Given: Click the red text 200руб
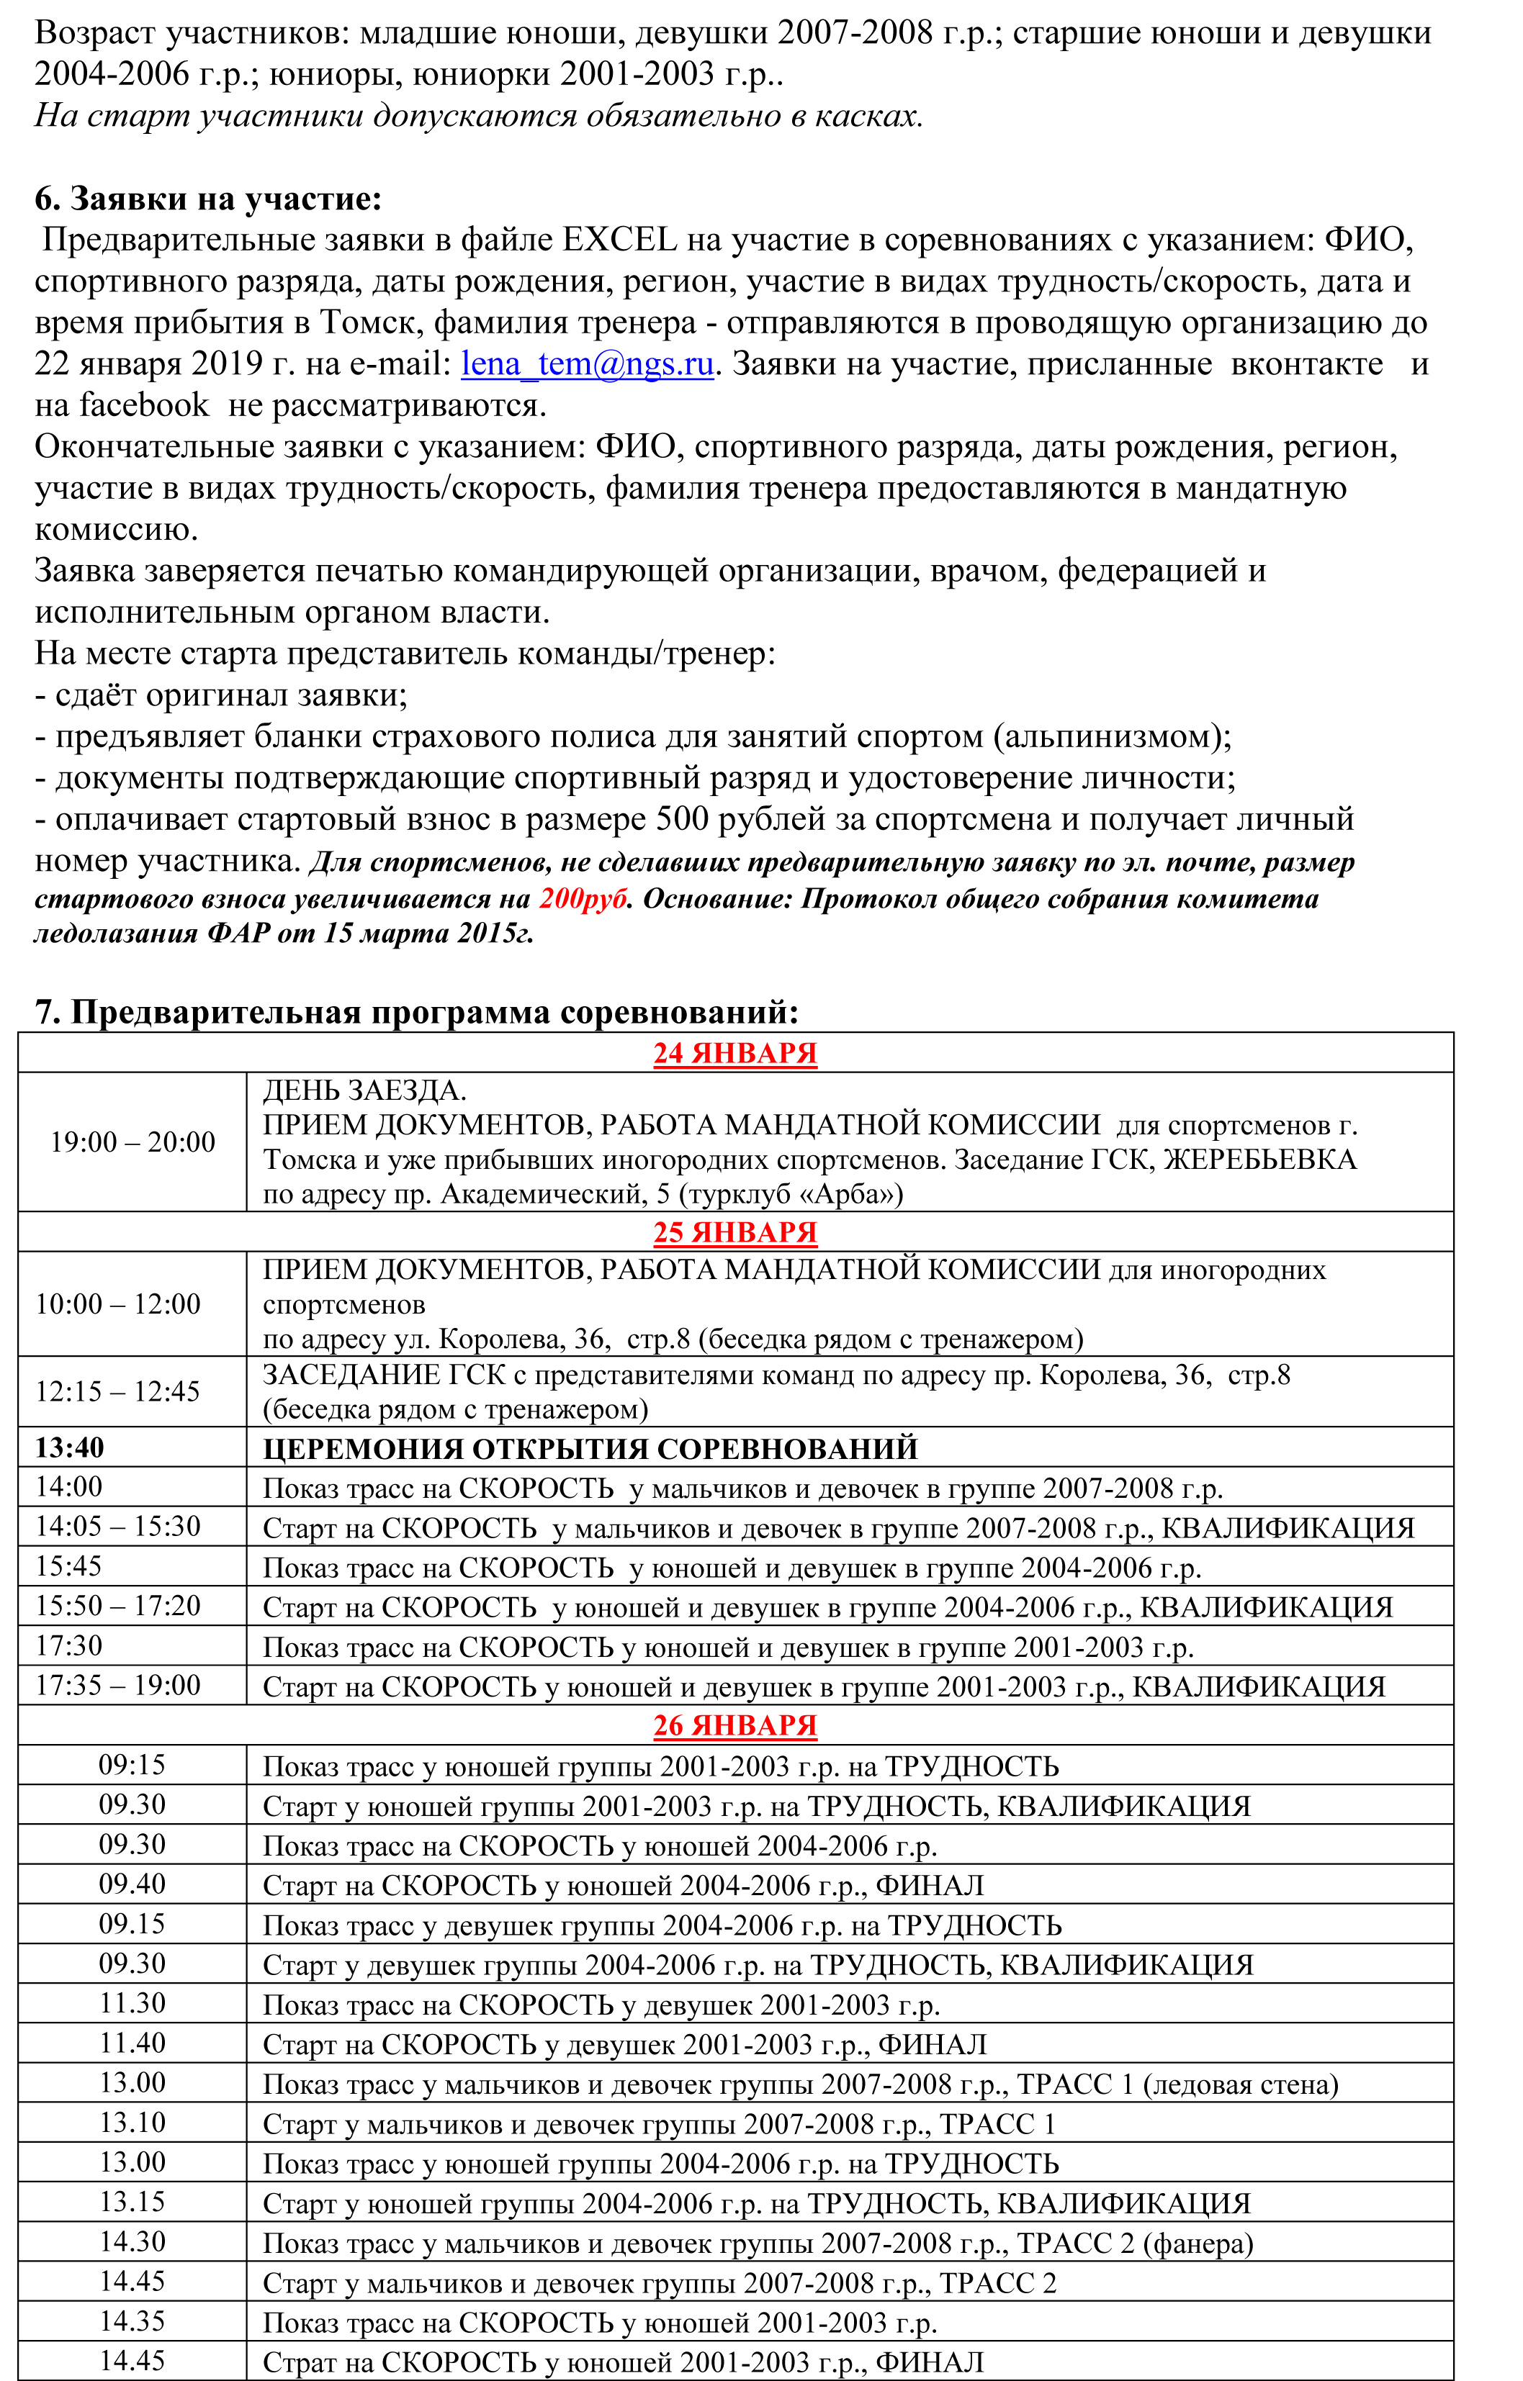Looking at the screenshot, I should point(583,899).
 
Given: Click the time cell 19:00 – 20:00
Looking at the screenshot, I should point(132,1142).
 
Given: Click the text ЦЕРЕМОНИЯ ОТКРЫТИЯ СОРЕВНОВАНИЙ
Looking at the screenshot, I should point(590,1449).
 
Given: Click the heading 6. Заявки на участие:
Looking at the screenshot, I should point(207,199).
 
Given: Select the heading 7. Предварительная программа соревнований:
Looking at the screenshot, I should point(416,1013).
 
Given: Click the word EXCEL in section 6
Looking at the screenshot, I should point(620,240).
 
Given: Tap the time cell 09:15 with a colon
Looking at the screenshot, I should point(132,1765).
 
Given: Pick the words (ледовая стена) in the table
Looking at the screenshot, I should point(1240,2084).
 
